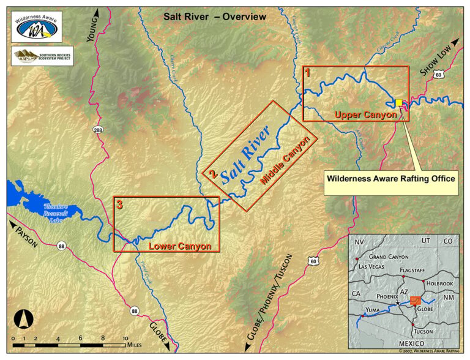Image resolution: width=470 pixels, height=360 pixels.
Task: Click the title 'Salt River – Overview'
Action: [x=215, y=17]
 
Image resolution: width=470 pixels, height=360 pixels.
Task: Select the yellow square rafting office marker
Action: [x=399, y=103]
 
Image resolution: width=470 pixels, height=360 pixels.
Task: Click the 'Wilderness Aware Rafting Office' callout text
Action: [x=392, y=179]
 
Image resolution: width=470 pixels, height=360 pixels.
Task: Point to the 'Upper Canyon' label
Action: [x=366, y=114]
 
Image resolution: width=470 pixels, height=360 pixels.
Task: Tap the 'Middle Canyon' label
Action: [x=286, y=160]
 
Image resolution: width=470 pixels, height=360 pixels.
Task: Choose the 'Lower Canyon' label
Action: [x=180, y=246]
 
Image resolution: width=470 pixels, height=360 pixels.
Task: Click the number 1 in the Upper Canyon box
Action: [x=308, y=72]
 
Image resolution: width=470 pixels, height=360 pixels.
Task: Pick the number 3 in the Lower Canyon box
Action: [x=119, y=206]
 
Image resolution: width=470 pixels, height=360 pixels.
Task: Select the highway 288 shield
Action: [x=98, y=130]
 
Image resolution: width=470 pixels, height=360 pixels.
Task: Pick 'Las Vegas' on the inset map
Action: [x=371, y=267]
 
